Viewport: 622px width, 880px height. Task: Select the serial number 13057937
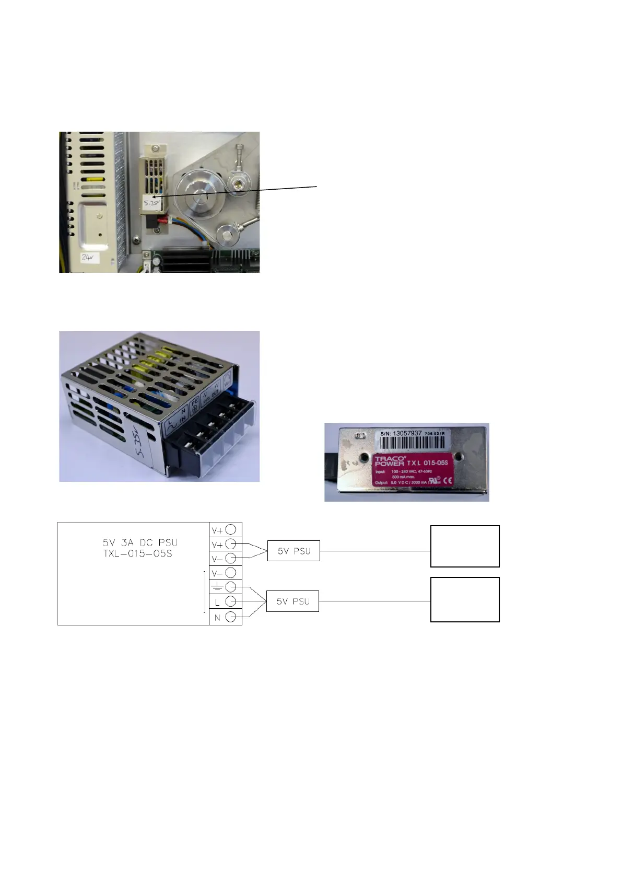(x=407, y=433)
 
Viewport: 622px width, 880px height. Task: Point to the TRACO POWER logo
(x=389, y=461)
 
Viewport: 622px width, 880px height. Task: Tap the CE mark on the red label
(x=448, y=481)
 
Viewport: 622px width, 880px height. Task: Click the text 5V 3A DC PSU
(x=140, y=542)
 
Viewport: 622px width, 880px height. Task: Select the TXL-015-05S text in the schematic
(x=137, y=553)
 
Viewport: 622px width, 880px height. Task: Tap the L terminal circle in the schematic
(x=230, y=602)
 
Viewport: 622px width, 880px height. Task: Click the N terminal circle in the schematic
(x=230, y=617)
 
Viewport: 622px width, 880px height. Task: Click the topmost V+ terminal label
(x=217, y=530)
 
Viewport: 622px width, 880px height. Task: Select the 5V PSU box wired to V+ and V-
(x=294, y=551)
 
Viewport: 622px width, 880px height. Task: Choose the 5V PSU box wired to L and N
(x=292, y=601)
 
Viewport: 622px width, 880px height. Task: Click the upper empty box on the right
(x=465, y=546)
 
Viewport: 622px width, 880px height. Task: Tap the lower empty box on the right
(x=465, y=599)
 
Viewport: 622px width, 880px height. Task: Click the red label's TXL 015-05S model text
(x=427, y=462)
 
